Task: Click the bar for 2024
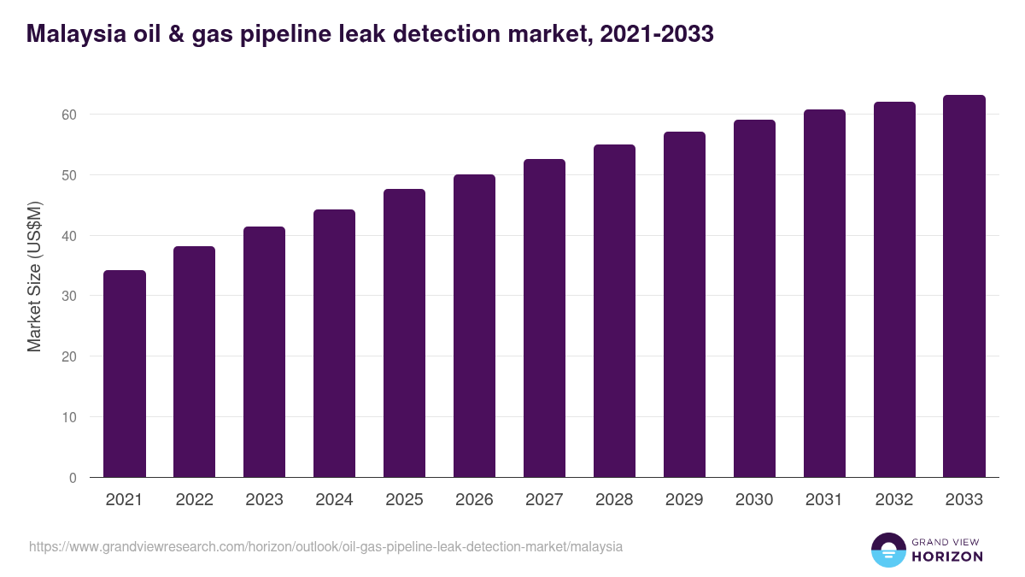point(334,343)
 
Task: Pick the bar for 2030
point(754,298)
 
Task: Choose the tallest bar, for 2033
point(964,286)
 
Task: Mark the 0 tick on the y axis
point(73,478)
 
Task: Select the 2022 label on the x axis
point(194,500)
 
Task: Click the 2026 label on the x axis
point(474,500)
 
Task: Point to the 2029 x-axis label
point(684,500)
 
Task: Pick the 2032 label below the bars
point(894,500)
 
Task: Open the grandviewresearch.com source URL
point(325,546)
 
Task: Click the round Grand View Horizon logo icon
point(888,550)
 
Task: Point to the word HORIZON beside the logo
point(947,556)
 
